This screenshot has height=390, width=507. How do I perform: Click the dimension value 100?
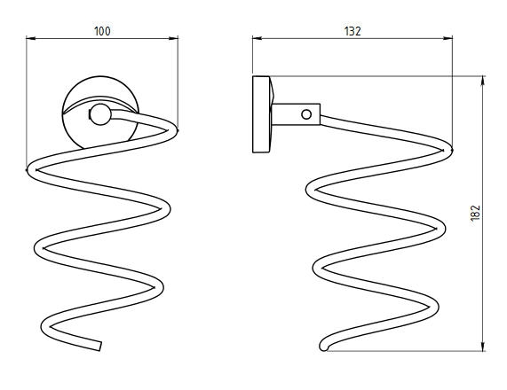(102, 31)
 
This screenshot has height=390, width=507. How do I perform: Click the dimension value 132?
(353, 31)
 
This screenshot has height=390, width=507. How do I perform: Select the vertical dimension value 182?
(475, 213)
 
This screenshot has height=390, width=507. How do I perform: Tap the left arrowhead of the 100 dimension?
(31, 38)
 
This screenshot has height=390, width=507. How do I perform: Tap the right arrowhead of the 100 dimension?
(173, 38)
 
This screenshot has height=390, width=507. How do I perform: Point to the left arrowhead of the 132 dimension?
(257, 38)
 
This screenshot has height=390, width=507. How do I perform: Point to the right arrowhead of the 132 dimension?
(448, 38)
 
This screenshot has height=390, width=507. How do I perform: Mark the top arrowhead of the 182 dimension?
(483, 81)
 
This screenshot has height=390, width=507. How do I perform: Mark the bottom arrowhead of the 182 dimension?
(483, 347)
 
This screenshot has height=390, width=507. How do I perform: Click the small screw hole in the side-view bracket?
(306, 114)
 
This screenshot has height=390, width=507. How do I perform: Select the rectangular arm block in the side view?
(296, 114)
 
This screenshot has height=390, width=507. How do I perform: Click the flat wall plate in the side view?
(261, 114)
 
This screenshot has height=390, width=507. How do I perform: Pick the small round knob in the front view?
(100, 114)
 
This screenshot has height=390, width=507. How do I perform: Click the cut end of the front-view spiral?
(99, 346)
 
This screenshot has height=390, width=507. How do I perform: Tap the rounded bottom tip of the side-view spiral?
(323, 347)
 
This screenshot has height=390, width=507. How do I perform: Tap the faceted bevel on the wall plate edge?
(272, 90)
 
